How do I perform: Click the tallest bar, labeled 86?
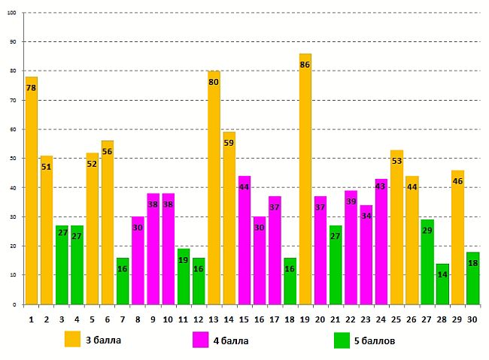[x=305, y=180]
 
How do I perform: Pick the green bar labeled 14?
[x=442, y=285]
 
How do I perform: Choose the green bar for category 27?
[x=427, y=263]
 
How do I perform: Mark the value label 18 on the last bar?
[x=472, y=263]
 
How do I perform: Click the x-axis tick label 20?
[x=320, y=318]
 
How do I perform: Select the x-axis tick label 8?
[x=138, y=318]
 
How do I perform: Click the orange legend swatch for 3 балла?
[x=72, y=340]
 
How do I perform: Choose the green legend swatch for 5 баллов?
[x=342, y=340]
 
